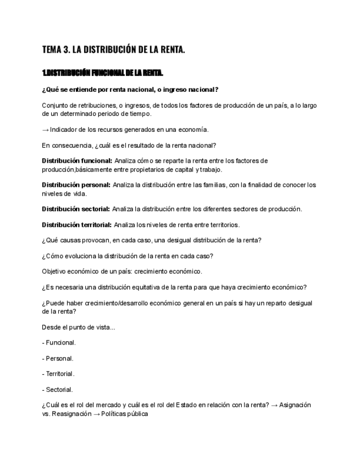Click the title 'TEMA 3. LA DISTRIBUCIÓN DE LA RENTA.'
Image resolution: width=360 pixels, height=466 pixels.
point(113,50)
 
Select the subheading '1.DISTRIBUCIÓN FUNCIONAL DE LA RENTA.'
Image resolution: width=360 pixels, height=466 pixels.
point(103,73)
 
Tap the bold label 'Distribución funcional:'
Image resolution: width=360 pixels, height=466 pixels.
point(76,161)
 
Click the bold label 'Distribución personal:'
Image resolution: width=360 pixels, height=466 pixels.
point(76,185)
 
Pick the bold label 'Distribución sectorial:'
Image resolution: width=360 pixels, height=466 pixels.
point(76,209)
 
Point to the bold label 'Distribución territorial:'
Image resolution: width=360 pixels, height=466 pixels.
point(76,225)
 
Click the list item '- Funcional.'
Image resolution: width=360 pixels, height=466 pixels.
point(59,343)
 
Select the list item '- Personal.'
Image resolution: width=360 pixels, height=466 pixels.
point(58,358)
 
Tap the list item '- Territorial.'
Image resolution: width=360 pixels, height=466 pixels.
point(58,374)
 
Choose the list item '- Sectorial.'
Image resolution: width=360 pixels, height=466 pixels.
point(57,390)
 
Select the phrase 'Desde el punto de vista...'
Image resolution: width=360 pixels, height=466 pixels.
point(79,328)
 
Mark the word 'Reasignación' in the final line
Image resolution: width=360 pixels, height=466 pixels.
point(71,414)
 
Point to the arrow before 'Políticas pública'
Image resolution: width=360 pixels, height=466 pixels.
point(97,414)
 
